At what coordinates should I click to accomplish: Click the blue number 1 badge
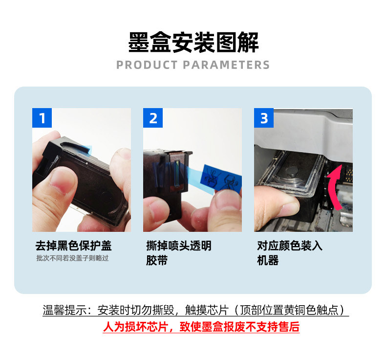tap(42, 118)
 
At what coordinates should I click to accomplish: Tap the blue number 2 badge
tap(153, 118)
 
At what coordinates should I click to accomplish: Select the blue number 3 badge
tap(264, 118)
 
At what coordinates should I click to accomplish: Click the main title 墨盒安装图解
tap(193, 43)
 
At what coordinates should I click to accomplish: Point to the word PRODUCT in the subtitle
tap(147, 65)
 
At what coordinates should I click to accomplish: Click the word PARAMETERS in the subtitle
tap(226, 65)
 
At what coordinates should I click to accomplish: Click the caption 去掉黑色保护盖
tap(73, 246)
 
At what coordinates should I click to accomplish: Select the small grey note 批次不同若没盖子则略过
tap(73, 258)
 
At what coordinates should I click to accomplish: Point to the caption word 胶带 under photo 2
tap(157, 260)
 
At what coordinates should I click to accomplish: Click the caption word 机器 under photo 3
tap(268, 260)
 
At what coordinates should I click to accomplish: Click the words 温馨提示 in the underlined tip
tap(64, 310)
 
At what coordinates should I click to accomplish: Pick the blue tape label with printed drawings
tap(221, 178)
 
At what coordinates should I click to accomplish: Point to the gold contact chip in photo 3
tap(349, 175)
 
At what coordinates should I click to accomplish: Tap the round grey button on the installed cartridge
tap(292, 171)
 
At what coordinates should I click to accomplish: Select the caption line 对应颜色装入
tap(289, 246)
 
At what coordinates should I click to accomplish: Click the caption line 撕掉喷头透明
tap(179, 246)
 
